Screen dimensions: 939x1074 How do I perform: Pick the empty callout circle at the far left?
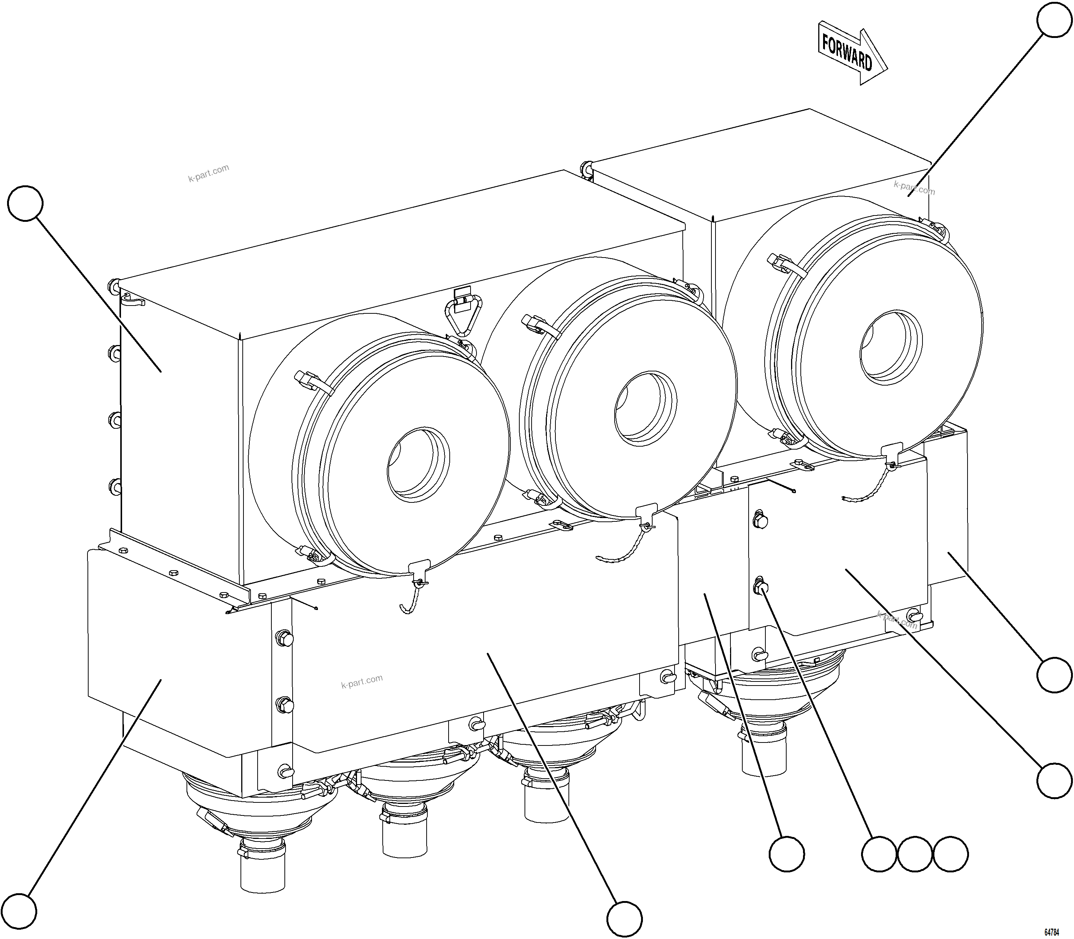coord(25,202)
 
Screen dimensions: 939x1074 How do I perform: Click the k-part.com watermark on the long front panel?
coord(362,681)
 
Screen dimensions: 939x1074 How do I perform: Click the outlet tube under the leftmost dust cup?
coord(262,872)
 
